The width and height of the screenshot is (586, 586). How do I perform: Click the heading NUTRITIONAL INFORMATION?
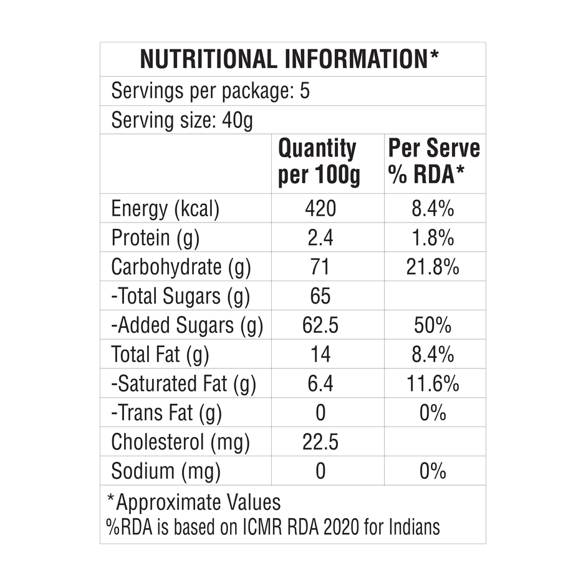click(x=289, y=59)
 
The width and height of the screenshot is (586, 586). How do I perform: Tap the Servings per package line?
click(x=210, y=92)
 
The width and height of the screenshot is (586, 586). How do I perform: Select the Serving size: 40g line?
click(x=181, y=120)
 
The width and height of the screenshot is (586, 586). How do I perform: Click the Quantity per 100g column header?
click(x=319, y=162)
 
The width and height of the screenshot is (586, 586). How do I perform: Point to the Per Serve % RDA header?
click(x=434, y=162)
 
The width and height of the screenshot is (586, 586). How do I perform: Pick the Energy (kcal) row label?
click(x=165, y=209)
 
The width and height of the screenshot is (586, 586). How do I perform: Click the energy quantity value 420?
click(x=320, y=209)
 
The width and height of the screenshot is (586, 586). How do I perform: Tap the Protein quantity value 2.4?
click(x=320, y=238)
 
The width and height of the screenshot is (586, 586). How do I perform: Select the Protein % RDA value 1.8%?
click(x=433, y=238)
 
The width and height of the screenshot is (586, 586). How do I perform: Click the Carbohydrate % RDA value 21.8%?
click(x=433, y=267)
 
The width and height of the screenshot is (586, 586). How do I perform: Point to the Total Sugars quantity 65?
click(x=320, y=296)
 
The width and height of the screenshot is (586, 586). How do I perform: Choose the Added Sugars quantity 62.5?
click(x=320, y=325)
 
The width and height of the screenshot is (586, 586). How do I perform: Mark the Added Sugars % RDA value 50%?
click(x=433, y=325)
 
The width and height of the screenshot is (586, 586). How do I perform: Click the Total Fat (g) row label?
click(x=160, y=355)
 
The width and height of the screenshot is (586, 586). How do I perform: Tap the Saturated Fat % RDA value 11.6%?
click(x=433, y=383)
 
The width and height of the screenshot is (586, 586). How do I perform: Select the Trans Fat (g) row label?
click(x=166, y=413)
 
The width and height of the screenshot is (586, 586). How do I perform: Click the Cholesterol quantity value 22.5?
click(x=320, y=442)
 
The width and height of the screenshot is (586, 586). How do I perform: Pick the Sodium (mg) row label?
click(x=166, y=471)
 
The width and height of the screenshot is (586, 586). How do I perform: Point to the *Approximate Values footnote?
click(x=194, y=502)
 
